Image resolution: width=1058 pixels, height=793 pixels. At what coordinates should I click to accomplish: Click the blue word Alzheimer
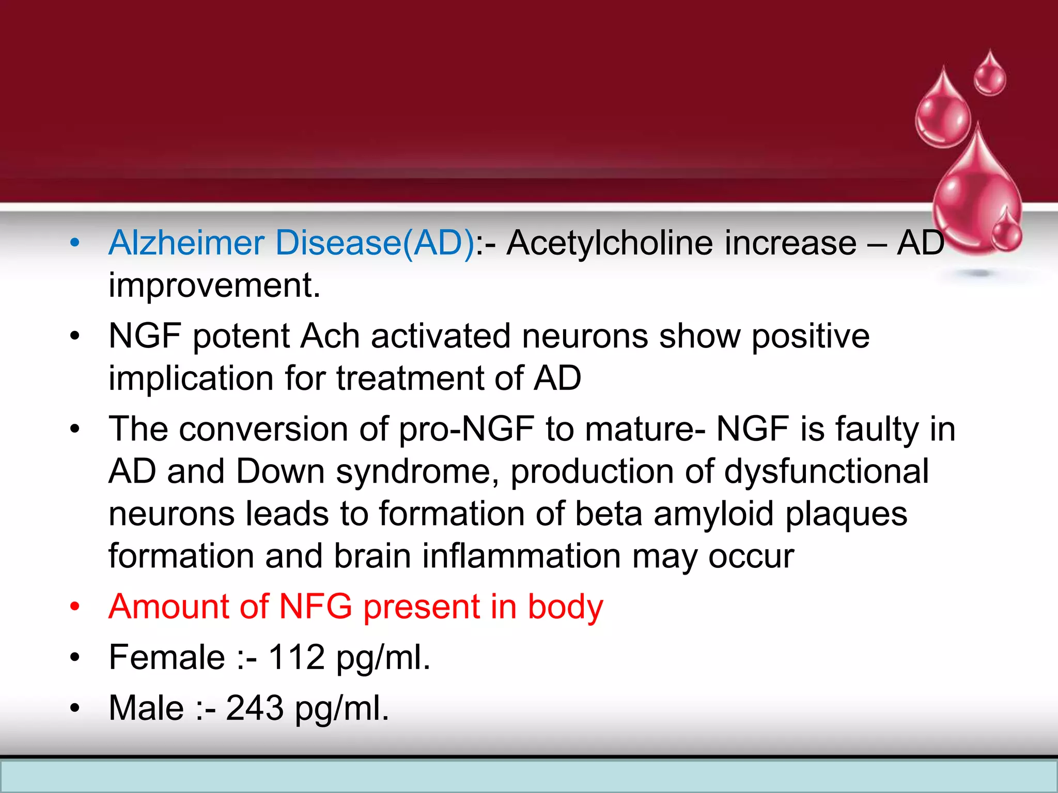pyautogui.click(x=186, y=243)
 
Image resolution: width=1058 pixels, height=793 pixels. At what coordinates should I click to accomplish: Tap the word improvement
pyautogui.click(x=214, y=286)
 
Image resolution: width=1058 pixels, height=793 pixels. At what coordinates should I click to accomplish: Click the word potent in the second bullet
pyautogui.click(x=241, y=336)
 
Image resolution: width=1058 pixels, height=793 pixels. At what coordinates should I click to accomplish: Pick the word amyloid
pyautogui.click(x=713, y=514)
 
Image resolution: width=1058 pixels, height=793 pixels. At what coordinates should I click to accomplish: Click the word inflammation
pyautogui.click(x=521, y=557)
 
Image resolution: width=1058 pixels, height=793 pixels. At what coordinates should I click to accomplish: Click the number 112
pyautogui.click(x=297, y=657)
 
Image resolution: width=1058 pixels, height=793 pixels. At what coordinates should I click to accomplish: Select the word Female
pyautogui.click(x=167, y=657)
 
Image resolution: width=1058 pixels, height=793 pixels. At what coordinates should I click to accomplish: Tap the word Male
pyautogui.click(x=146, y=708)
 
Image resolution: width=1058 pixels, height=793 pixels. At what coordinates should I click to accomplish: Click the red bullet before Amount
pyautogui.click(x=75, y=607)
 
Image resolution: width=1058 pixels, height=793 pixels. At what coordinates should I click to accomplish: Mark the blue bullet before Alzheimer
pyautogui.click(x=75, y=243)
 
